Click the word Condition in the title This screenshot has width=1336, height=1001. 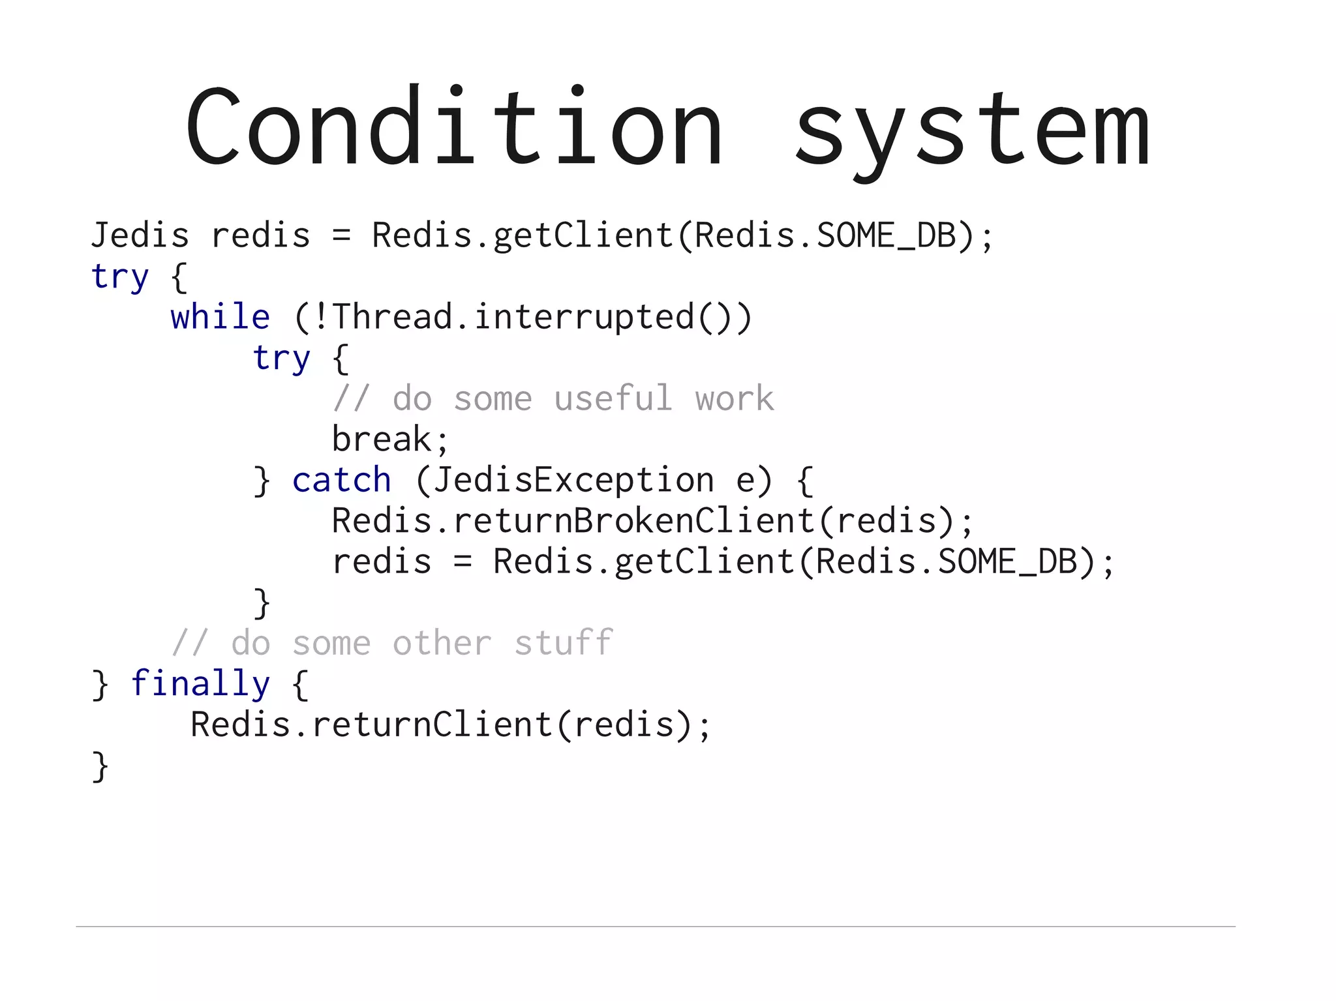point(454,127)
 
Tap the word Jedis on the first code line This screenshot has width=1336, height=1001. point(140,235)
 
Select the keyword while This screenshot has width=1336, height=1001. point(220,318)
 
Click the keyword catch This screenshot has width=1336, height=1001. point(341,481)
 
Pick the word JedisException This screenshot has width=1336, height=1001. point(573,481)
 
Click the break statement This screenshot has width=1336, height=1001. point(389,440)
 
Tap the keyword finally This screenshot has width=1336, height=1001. point(200,684)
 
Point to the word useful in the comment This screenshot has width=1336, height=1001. point(613,398)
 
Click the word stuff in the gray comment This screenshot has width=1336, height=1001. point(563,643)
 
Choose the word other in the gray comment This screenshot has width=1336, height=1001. point(442,643)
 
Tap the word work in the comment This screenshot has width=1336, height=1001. point(735,398)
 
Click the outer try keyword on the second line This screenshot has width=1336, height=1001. point(119,277)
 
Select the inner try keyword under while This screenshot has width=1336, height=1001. point(281,359)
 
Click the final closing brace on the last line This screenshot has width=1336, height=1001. point(100,766)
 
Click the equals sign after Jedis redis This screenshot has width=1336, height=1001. point(341,236)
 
